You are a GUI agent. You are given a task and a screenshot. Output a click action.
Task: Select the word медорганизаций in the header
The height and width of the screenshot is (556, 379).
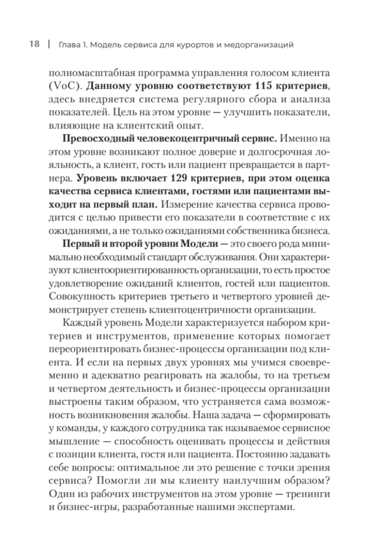pyautogui.click(x=259, y=45)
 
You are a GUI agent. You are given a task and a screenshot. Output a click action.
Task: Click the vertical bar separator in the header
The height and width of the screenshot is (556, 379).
pyautogui.click(x=48, y=44)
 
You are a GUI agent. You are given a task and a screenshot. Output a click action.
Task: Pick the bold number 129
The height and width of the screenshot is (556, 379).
pyautogui.click(x=183, y=178)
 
